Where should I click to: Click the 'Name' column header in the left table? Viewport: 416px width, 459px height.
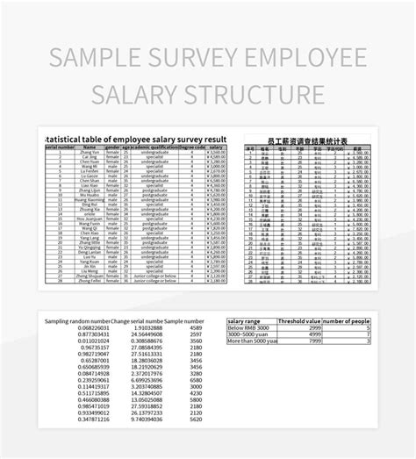90,147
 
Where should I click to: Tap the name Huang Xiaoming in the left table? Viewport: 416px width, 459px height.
90,200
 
